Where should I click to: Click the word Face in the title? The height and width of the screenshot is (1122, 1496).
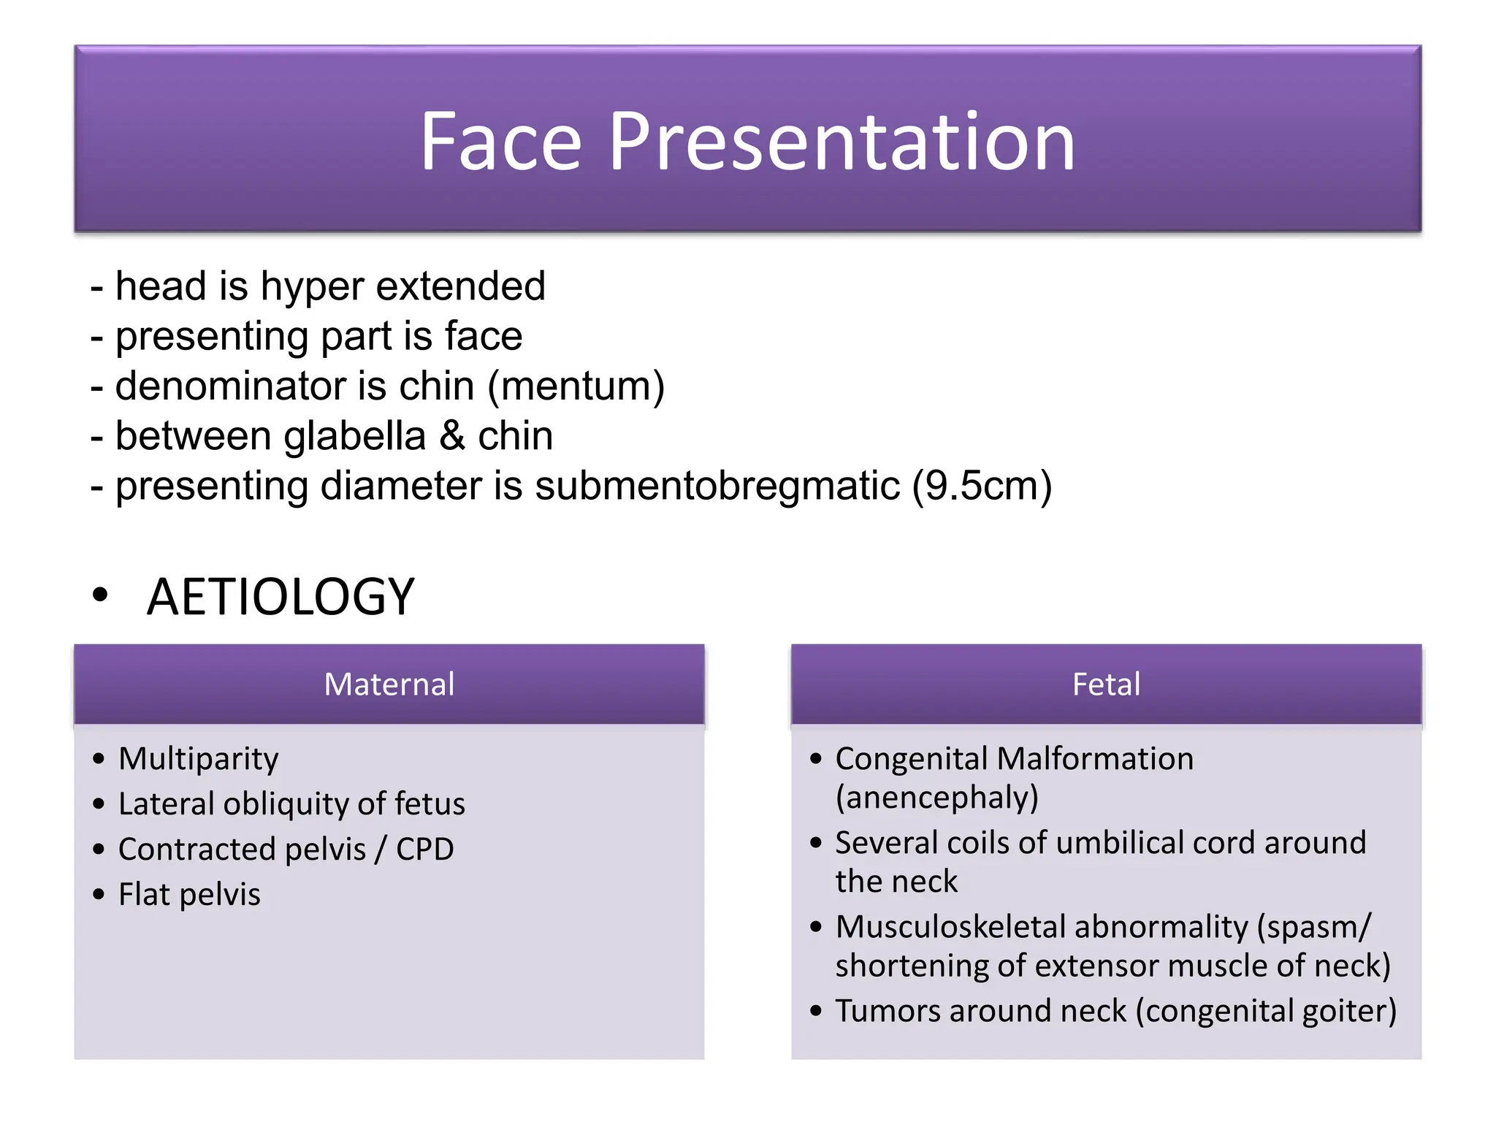coord(500,142)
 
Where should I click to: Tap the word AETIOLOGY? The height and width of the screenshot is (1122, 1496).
coord(280,597)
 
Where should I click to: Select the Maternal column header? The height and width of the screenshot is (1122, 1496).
coord(389,684)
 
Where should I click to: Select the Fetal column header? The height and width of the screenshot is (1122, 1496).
coord(1106,684)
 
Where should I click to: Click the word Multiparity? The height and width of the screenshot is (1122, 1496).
coord(199,758)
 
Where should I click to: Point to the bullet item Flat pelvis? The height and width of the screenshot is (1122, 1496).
coord(189,894)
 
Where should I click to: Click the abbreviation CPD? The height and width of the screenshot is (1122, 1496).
coord(424,849)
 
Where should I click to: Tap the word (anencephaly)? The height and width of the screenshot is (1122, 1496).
coord(936,798)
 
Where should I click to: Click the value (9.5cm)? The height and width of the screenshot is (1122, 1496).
coord(982,486)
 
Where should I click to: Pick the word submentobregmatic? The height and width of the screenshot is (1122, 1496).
coord(717,486)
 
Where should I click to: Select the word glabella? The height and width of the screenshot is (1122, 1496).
coord(354,436)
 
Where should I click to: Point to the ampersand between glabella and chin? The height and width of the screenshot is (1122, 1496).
coord(452,436)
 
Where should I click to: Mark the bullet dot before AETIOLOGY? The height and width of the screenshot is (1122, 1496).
coord(100,595)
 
